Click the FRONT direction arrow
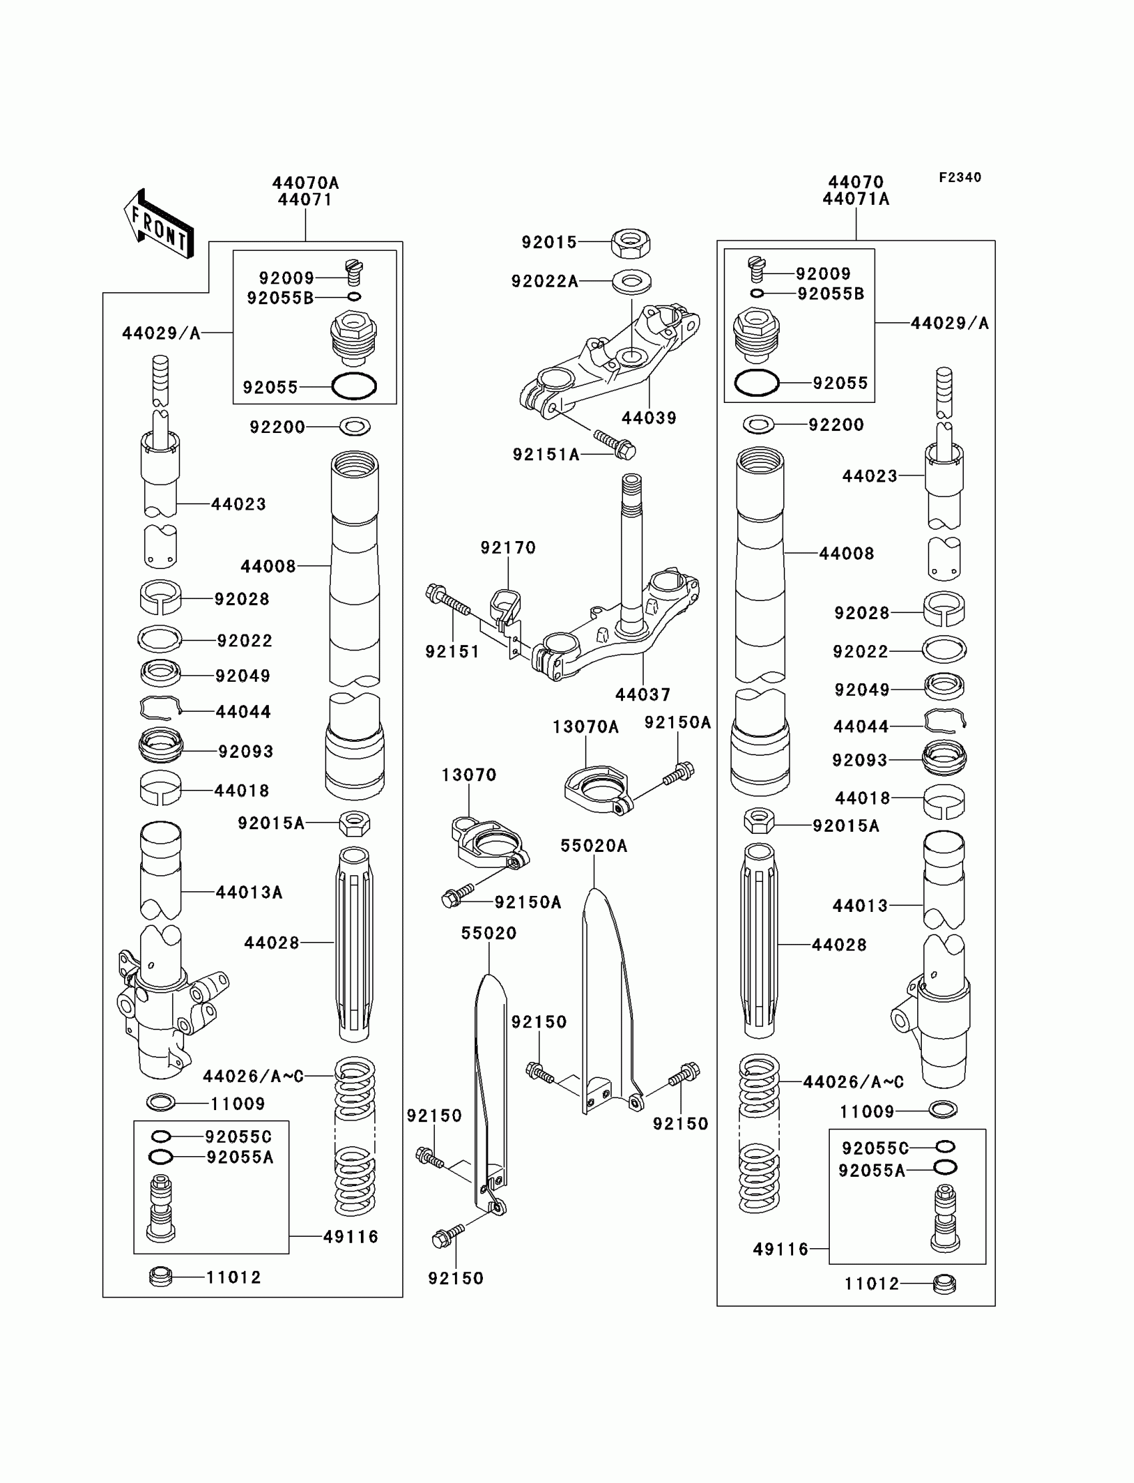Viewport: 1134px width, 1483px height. tap(159, 223)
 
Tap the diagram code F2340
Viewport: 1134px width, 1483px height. tap(959, 177)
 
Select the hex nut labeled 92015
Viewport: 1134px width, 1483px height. tap(630, 242)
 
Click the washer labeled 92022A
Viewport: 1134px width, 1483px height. tap(632, 280)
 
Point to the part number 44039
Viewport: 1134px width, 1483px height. tap(648, 418)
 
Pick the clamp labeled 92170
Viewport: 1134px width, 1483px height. tap(506, 603)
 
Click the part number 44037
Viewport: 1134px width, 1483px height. tap(642, 694)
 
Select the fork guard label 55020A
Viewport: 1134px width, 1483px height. tap(593, 846)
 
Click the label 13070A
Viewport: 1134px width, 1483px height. tap(585, 727)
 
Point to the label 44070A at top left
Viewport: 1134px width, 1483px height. tap(305, 183)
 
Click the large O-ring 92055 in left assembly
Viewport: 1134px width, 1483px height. tap(354, 386)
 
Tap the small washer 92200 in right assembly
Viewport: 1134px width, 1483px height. tap(758, 424)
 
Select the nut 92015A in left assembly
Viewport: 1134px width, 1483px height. tap(354, 823)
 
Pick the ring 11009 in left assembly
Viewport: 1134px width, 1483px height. tap(161, 1103)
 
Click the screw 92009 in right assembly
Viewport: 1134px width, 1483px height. tap(757, 270)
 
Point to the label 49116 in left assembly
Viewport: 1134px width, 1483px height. tap(350, 1237)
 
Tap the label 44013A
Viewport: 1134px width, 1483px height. tap(249, 893)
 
